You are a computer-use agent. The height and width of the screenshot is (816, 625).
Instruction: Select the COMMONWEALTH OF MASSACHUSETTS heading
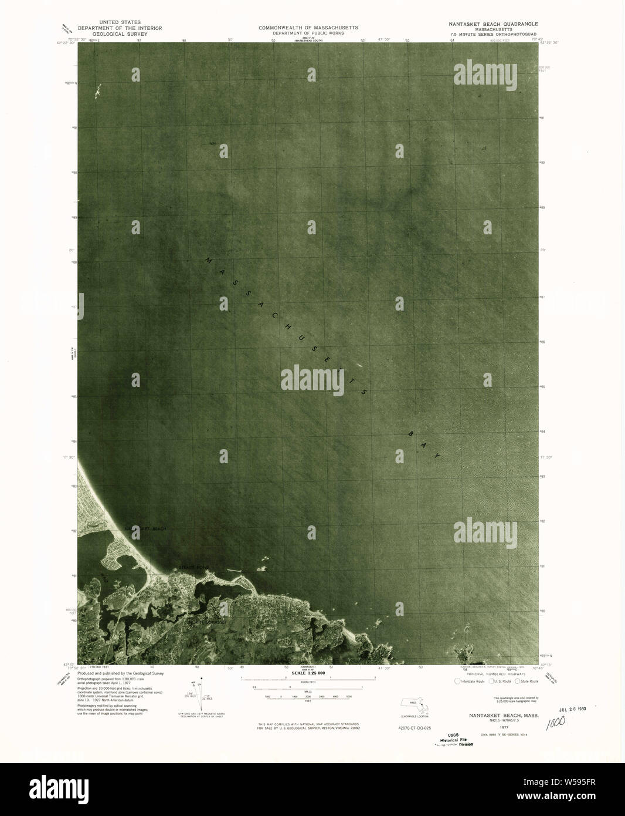(x=308, y=28)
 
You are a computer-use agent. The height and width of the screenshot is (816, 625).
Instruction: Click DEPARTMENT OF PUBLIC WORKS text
(x=308, y=33)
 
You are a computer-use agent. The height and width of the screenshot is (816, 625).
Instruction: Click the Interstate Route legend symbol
(x=458, y=681)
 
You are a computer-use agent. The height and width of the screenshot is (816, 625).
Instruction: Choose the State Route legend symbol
(x=518, y=681)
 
